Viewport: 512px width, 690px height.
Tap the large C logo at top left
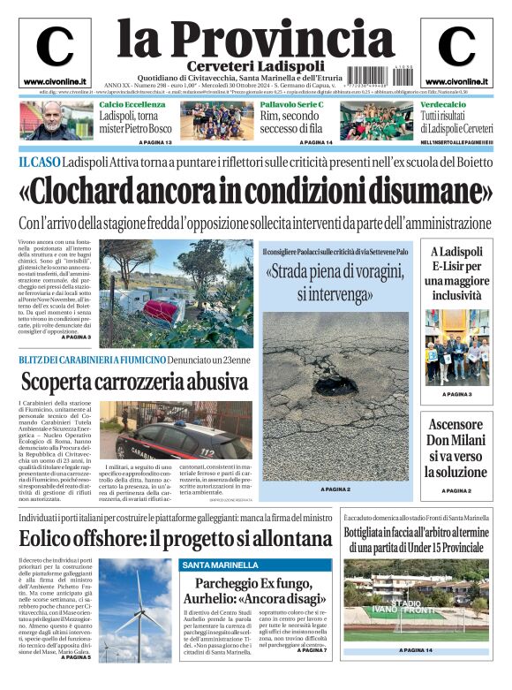coord(55,47)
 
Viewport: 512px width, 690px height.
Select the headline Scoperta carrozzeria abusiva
coord(134,383)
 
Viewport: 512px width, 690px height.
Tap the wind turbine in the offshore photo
coord(139,610)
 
